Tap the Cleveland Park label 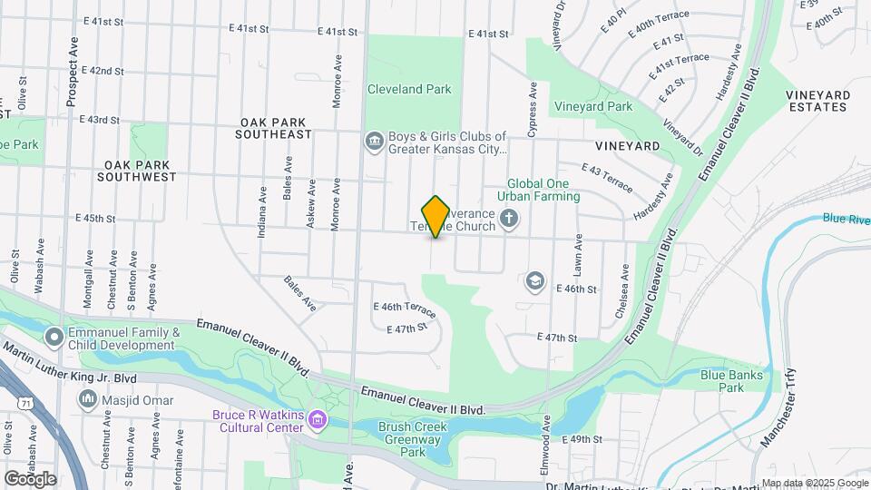[x=408, y=90]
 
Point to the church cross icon [x=509, y=218]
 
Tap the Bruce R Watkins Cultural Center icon [x=317, y=418]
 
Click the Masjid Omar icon [x=88, y=398]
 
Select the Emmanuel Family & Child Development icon [x=54, y=338]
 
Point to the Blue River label [x=847, y=219]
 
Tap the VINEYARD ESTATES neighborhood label [x=817, y=101]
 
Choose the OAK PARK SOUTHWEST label [x=140, y=171]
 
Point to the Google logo [x=30, y=478]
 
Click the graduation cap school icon [x=535, y=280]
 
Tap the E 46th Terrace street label [x=405, y=309]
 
